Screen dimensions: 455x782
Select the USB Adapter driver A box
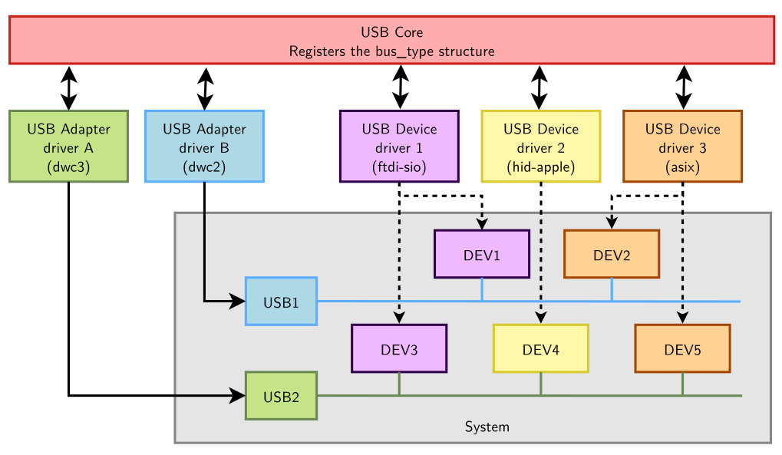(68, 147)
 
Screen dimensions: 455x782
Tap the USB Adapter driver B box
(204, 147)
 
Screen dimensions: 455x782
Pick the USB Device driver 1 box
(399, 147)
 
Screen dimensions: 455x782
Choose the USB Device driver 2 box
(540, 147)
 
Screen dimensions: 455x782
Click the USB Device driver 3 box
(682, 147)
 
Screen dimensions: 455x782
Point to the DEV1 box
(482, 254)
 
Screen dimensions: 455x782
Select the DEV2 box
(612, 254)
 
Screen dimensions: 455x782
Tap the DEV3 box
(399, 349)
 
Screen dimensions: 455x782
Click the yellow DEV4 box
(540, 349)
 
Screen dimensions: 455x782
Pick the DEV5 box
(682, 349)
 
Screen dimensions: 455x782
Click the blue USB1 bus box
(281, 302)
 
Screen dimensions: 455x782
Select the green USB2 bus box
(281, 396)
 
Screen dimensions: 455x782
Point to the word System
(487, 427)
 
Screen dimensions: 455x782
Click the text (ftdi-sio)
(399, 167)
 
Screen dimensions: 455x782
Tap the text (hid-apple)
(540, 167)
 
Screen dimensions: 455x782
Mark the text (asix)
(682, 167)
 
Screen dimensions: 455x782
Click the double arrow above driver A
(69, 87)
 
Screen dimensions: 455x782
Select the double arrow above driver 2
(540, 86)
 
